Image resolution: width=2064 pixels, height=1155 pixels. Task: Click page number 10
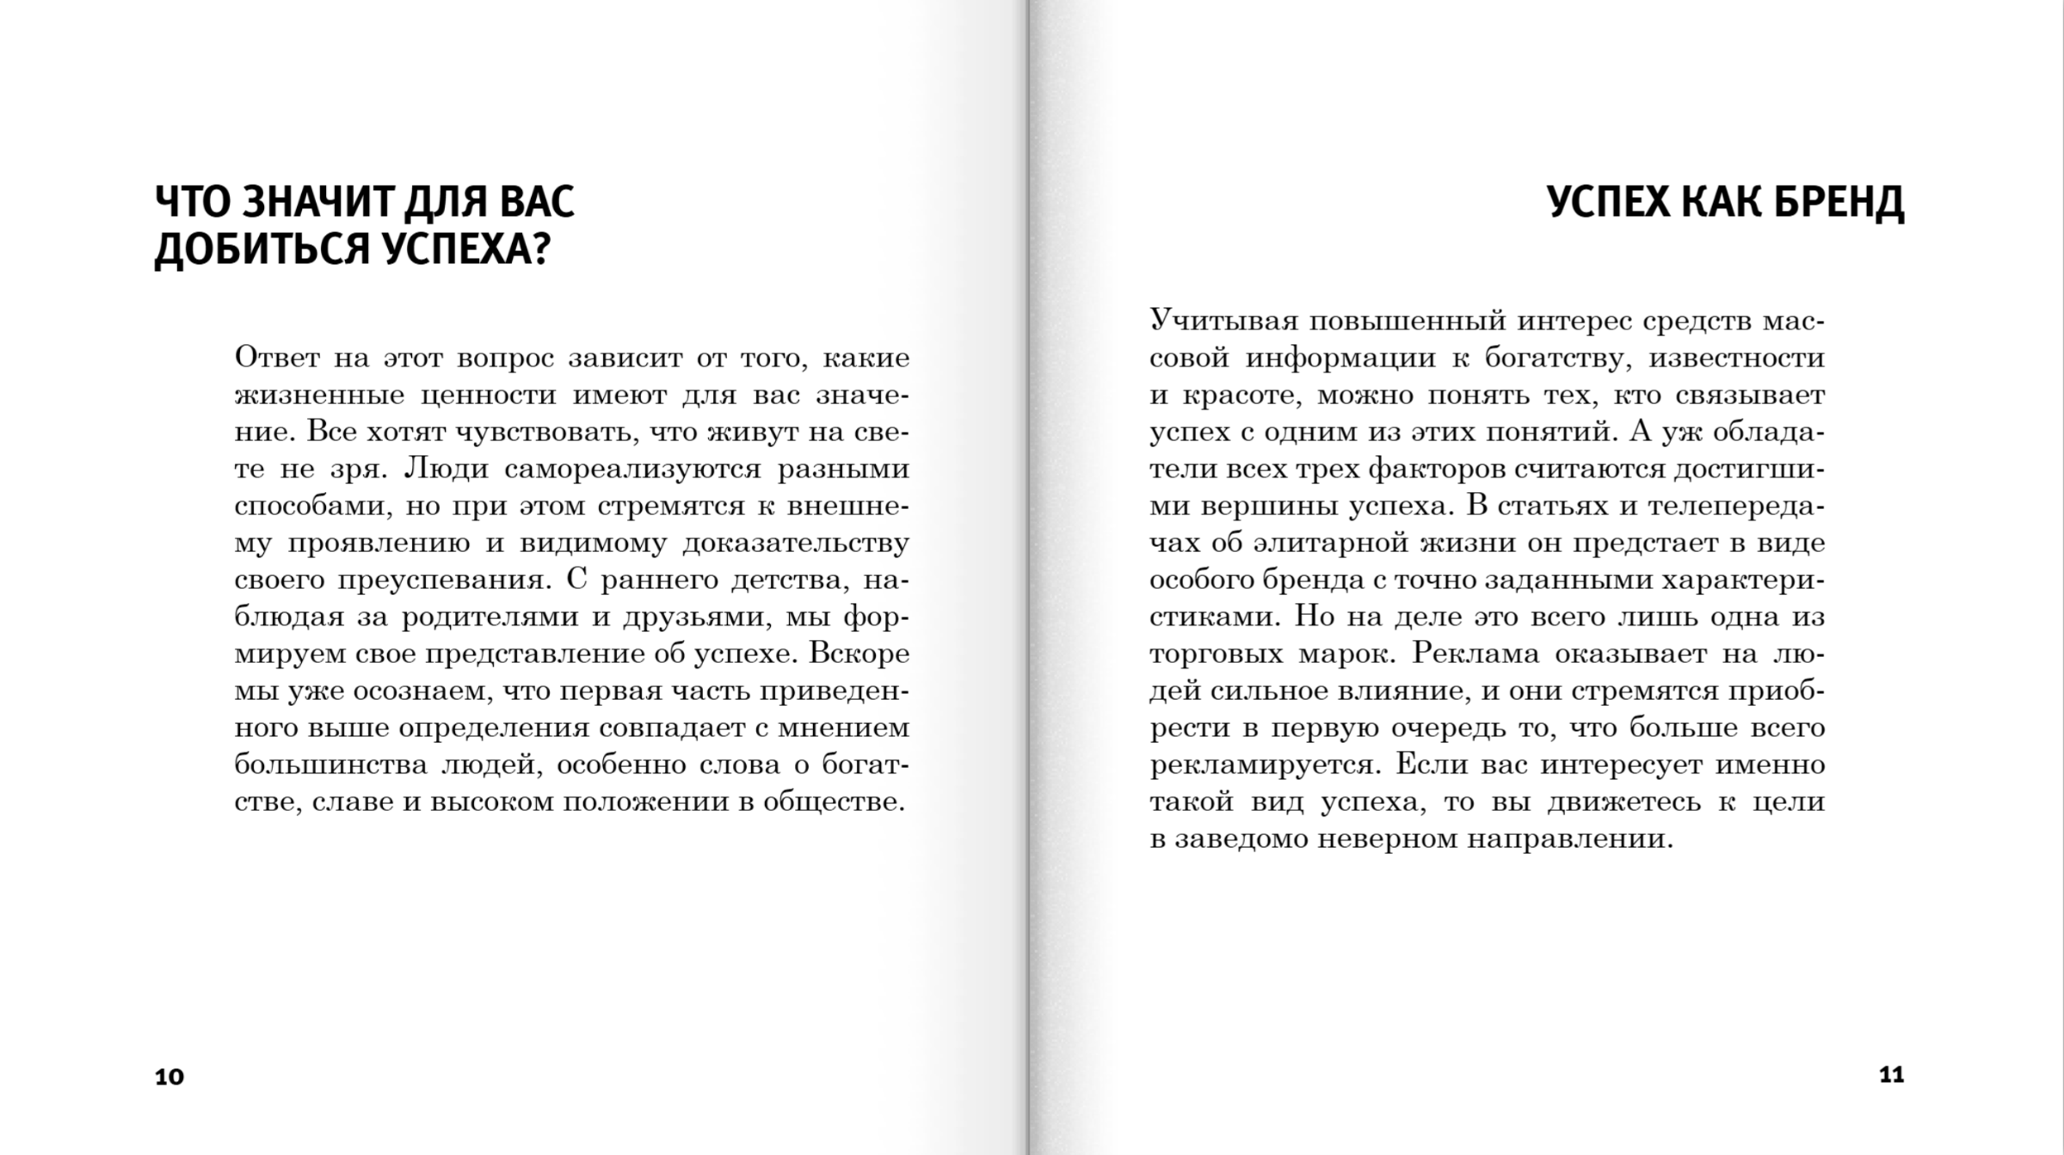pyautogui.click(x=169, y=1077)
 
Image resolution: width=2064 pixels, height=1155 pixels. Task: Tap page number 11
pyautogui.click(x=1891, y=1075)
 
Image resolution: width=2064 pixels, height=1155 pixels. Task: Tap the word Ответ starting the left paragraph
pyautogui.click(x=277, y=358)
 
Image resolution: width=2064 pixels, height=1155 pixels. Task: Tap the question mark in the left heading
pyautogui.click(x=540, y=250)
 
